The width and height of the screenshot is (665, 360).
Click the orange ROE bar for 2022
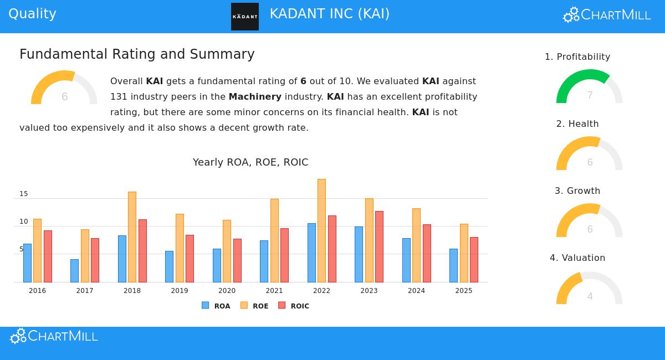[321, 230]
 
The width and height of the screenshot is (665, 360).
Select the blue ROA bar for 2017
[74, 271]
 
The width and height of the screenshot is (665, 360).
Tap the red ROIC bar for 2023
[379, 246]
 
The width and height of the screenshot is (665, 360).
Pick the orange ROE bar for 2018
[132, 237]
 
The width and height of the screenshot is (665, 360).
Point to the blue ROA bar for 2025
[453, 265]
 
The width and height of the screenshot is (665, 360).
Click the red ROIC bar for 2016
[48, 256]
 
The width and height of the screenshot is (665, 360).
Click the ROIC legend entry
[294, 306]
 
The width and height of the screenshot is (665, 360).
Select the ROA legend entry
[216, 306]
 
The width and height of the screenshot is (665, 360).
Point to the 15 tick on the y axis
[23, 194]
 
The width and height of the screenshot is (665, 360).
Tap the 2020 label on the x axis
[227, 291]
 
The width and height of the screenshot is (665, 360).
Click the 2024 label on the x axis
[416, 291]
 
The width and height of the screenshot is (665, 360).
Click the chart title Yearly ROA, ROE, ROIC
[250, 162]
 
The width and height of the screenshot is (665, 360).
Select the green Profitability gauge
[589, 88]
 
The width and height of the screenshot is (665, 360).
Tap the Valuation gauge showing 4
[589, 289]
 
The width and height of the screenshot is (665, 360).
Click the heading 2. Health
[577, 124]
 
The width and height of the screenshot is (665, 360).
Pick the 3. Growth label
[577, 191]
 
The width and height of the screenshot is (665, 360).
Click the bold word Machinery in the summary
[255, 97]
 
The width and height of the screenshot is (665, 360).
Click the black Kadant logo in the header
[244, 17]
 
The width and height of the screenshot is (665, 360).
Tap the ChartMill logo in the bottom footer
[54, 336]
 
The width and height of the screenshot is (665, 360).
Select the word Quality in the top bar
[32, 14]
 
